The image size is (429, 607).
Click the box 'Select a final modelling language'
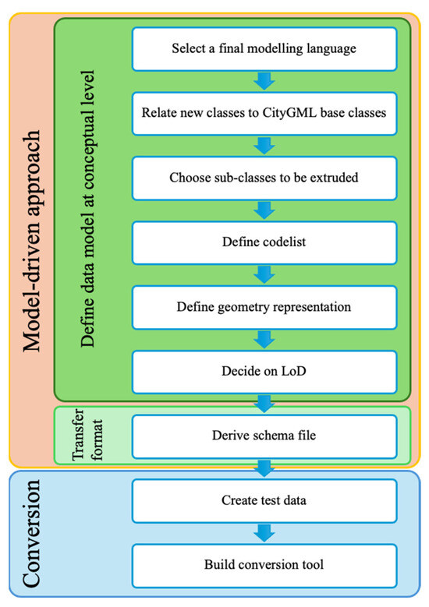[x=264, y=49]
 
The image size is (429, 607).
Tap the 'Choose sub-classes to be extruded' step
[x=264, y=178]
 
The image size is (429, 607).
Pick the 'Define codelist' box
[x=264, y=242]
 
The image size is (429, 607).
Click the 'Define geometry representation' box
[x=264, y=307]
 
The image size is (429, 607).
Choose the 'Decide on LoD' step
[x=264, y=372]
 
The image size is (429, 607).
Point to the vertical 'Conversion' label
[x=30, y=537]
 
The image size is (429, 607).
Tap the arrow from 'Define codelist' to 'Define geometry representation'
[x=264, y=274]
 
